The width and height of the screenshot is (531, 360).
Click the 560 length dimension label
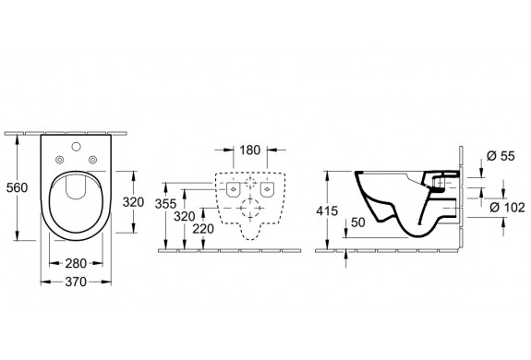coord(17,187)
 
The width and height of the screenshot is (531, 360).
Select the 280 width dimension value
coord(76,263)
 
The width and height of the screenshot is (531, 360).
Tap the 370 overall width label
coord(76,282)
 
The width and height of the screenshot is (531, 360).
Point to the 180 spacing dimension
coord(250,150)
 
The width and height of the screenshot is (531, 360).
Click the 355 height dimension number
coord(165,204)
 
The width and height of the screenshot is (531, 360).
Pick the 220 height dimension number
coord(203,229)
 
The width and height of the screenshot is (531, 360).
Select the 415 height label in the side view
coord(327,210)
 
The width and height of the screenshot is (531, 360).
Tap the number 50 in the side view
coord(358,222)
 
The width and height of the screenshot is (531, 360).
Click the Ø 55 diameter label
coord(501,156)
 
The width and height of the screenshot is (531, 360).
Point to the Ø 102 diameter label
coord(507,207)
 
